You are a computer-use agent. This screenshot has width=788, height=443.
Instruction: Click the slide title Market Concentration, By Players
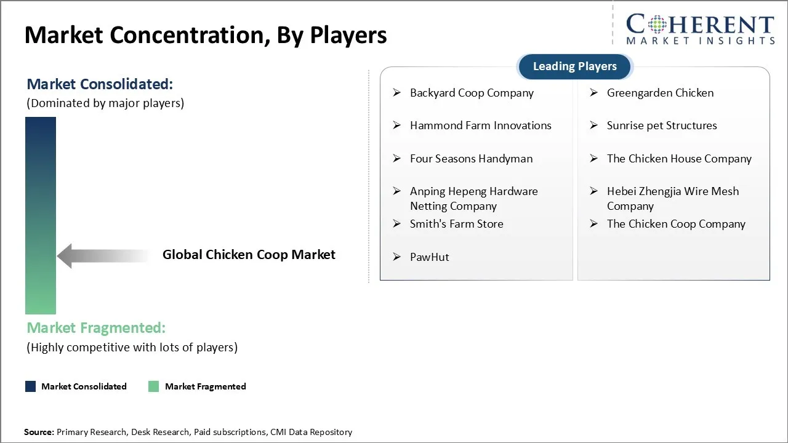click(206, 35)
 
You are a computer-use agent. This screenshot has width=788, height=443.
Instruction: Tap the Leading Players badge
click(574, 66)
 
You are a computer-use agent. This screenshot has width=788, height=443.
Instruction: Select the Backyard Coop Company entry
click(472, 93)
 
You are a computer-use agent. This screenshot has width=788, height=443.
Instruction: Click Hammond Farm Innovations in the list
click(480, 126)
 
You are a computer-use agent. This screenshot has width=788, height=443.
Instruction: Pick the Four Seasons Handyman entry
click(471, 159)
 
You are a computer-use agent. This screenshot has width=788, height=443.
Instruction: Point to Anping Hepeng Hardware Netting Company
click(473, 198)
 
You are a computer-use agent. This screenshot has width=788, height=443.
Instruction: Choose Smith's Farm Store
click(456, 224)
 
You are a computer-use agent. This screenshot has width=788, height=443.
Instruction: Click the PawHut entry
click(429, 257)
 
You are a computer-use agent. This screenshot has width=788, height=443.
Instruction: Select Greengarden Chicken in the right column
click(660, 93)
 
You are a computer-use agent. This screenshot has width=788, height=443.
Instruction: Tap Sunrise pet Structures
click(661, 126)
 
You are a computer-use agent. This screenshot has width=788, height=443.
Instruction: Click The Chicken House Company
click(678, 159)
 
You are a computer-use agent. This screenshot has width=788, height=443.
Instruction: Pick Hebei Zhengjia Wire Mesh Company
click(672, 198)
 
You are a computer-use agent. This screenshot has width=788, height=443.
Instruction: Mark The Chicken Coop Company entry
click(675, 224)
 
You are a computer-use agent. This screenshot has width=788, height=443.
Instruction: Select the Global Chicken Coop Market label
click(249, 255)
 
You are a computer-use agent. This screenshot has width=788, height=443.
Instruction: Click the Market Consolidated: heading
click(100, 84)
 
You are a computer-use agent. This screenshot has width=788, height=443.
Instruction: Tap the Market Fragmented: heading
click(96, 328)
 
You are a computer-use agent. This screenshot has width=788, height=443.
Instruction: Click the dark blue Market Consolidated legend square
click(30, 386)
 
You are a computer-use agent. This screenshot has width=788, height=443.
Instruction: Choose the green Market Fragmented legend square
click(154, 386)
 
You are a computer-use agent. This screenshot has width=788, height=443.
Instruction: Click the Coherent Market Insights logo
click(700, 29)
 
